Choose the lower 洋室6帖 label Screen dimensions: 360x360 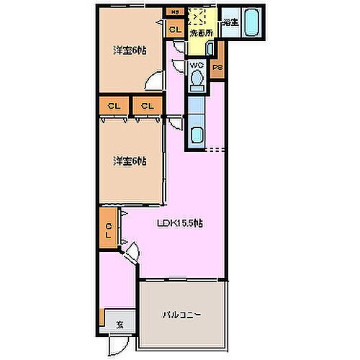pyautogui.click(x=129, y=161)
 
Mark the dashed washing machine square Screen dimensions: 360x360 pyautogui.click(x=197, y=17)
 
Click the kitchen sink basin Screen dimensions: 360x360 pyautogui.click(x=196, y=135)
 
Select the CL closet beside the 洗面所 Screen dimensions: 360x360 pyautogui.click(x=174, y=30)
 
